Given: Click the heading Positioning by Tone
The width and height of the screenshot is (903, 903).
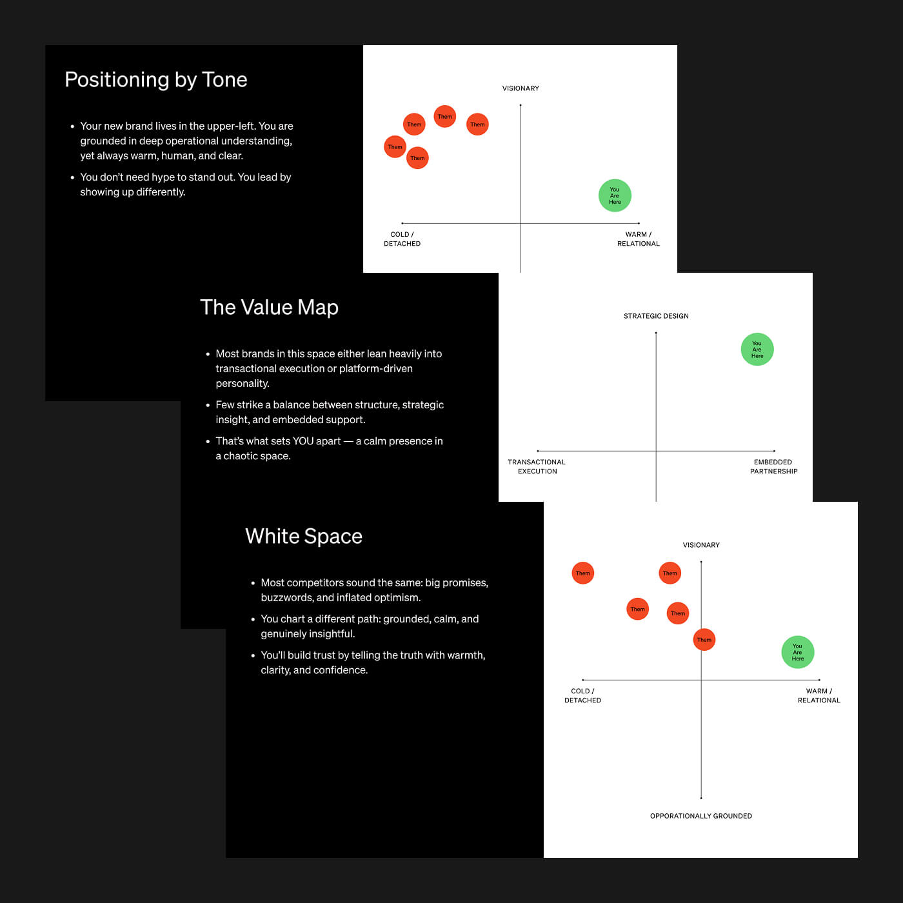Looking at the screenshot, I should click(x=156, y=79).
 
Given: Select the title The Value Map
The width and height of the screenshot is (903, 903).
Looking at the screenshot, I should click(x=269, y=307).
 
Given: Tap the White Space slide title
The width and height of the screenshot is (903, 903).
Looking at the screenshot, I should click(x=304, y=536).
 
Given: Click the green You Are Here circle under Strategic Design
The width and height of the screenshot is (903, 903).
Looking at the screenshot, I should click(x=757, y=350).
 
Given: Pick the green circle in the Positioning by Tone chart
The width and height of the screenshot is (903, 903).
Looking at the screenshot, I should click(x=615, y=195).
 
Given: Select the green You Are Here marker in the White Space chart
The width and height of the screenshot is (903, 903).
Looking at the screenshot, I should click(x=798, y=652).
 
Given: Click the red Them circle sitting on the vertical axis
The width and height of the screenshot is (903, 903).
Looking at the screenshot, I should click(x=704, y=640).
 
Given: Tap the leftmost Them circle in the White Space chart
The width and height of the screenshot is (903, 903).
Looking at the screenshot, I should click(x=583, y=573).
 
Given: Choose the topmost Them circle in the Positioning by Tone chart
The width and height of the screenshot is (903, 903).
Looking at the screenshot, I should click(x=445, y=117).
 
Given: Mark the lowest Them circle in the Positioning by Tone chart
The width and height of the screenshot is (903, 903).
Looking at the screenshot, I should click(x=418, y=158).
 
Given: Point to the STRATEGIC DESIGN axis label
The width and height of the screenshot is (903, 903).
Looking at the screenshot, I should click(x=656, y=316).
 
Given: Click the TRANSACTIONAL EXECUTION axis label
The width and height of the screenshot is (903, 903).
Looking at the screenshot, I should click(x=537, y=466).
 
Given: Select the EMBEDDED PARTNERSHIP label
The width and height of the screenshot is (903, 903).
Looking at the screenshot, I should click(x=773, y=466).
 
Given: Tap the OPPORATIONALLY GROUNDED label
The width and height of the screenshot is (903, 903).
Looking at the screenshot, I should click(x=701, y=816).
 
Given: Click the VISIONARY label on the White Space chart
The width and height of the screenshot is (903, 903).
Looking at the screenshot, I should click(x=701, y=545).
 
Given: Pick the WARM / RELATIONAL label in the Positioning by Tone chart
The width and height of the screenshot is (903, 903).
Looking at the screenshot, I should click(x=639, y=239).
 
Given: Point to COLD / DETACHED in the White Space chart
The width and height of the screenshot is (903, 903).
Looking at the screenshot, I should click(x=582, y=695).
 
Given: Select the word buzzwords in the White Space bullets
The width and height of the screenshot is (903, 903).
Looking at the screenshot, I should click(x=286, y=598).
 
